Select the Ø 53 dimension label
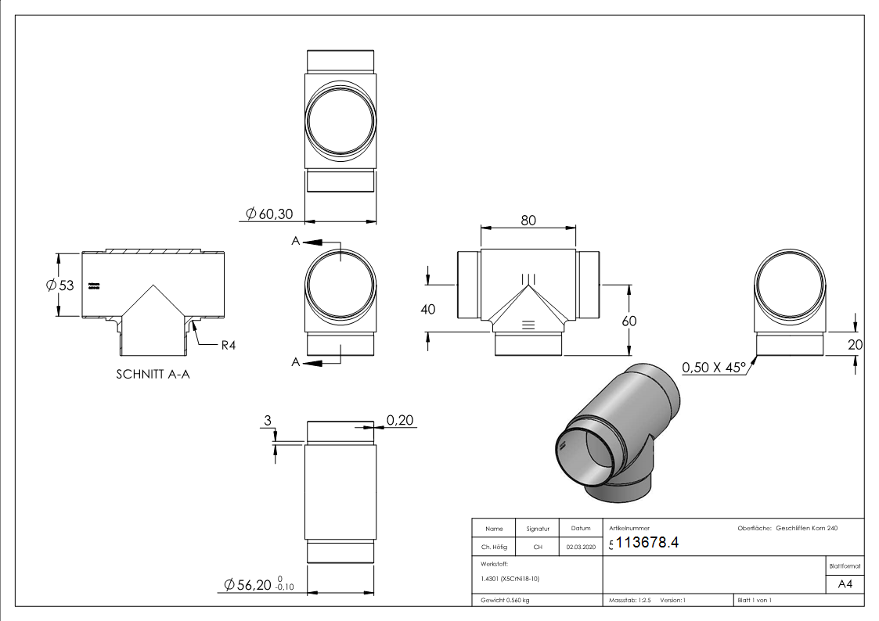pos(59,285)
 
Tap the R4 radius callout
pos(228,345)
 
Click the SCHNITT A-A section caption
pos(153,374)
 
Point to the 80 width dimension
pos(528,221)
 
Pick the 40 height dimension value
pos(428,309)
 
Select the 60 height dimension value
pos(629,321)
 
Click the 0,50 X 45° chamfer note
pos(713,367)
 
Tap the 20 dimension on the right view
pos(855,343)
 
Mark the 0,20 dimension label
pos(401,422)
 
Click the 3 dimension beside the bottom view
pos(267,422)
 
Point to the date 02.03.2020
pos(580,547)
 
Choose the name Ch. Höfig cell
pos(493,547)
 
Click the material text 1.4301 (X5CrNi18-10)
pos(507,579)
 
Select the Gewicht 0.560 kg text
pos(505,601)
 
